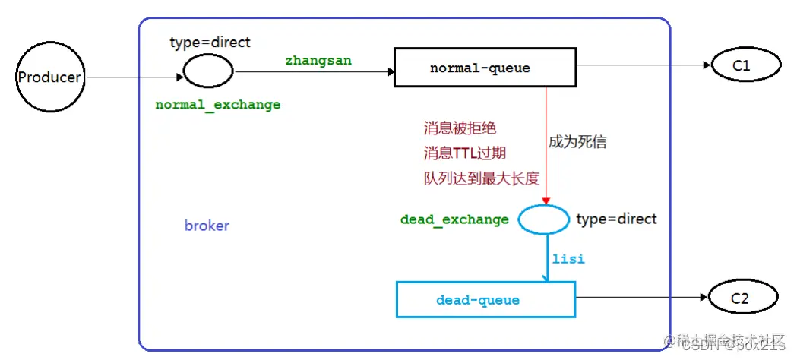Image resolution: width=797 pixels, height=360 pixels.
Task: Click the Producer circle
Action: pyautogui.click(x=49, y=77)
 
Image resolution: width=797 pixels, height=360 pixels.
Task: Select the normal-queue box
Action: pyautogui.click(x=479, y=68)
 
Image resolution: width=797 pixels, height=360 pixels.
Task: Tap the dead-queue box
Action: pyautogui.click(x=485, y=300)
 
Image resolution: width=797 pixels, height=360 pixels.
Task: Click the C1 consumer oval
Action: pyautogui.click(x=742, y=67)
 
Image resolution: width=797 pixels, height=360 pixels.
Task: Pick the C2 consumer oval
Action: pyautogui.click(x=742, y=299)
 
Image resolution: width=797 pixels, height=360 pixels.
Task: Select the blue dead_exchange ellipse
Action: pyautogui.click(x=543, y=219)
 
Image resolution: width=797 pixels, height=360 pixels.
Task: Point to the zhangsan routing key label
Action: pyautogui.click(x=318, y=61)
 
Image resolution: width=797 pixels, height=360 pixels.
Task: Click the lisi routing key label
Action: pyautogui.click(x=568, y=259)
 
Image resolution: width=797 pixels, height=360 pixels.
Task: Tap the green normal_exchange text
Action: pyautogui.click(x=218, y=105)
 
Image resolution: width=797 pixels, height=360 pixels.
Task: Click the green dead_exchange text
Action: pyautogui.click(x=454, y=219)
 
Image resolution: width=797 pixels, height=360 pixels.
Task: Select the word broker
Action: pyautogui.click(x=207, y=226)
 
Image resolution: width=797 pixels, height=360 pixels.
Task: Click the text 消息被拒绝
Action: pyautogui.click(x=460, y=128)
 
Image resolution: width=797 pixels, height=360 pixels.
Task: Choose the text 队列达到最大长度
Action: pyautogui.click(x=481, y=178)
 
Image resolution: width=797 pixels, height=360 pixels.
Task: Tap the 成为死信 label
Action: pyautogui.click(x=577, y=142)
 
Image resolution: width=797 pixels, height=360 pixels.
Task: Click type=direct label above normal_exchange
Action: pyautogui.click(x=210, y=42)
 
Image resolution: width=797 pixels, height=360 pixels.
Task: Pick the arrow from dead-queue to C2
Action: pyautogui.click(x=641, y=299)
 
